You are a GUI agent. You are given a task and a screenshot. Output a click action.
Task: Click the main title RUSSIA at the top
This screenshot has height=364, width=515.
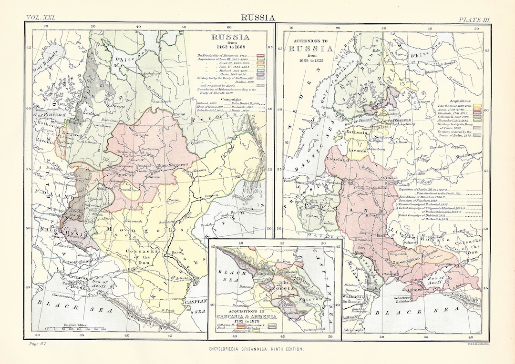tap(257, 18)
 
